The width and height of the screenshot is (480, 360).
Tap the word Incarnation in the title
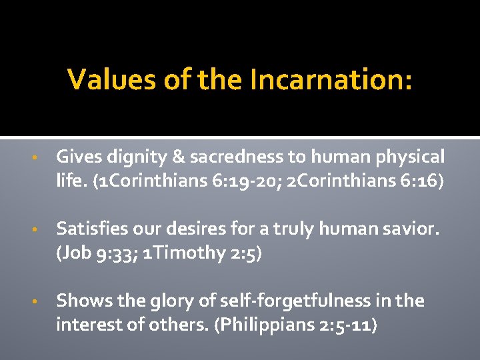click(331, 81)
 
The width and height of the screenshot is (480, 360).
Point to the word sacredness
click(228, 157)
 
